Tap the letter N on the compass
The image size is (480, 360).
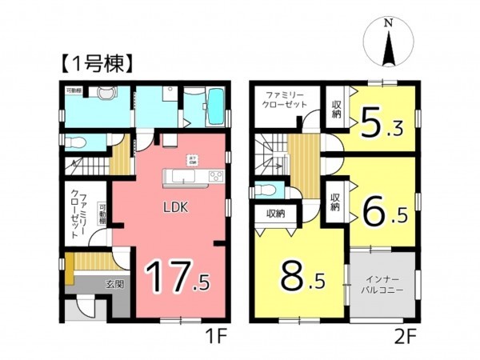click(388, 23)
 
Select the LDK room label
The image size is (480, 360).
click(176, 206)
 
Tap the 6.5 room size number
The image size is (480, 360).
click(382, 211)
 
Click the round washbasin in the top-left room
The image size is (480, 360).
click(101, 94)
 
